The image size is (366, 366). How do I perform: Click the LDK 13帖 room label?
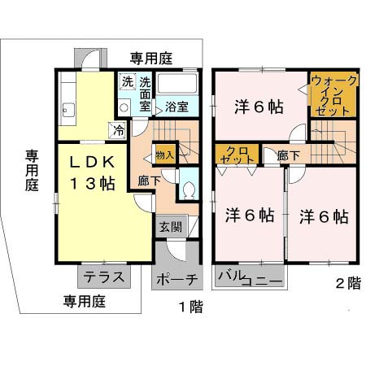pyautogui.click(x=85, y=172)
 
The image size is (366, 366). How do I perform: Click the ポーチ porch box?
pyautogui.click(x=175, y=278)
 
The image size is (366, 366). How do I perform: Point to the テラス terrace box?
pyautogui.click(x=104, y=277)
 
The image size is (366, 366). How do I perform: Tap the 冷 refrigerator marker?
pyautogui.click(x=120, y=129)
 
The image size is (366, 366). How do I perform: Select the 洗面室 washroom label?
pyautogui.click(x=145, y=93)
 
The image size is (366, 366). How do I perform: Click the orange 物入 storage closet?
pyautogui.click(x=164, y=154)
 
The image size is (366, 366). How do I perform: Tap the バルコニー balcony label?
pyautogui.click(x=249, y=279)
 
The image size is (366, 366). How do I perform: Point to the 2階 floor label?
pyautogui.click(x=346, y=285)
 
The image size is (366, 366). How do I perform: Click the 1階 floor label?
pyautogui.click(x=191, y=306)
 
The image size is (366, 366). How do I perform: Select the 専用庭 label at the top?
pyautogui.click(x=152, y=58)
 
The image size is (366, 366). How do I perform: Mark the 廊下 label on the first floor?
pyautogui.click(x=148, y=181)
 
